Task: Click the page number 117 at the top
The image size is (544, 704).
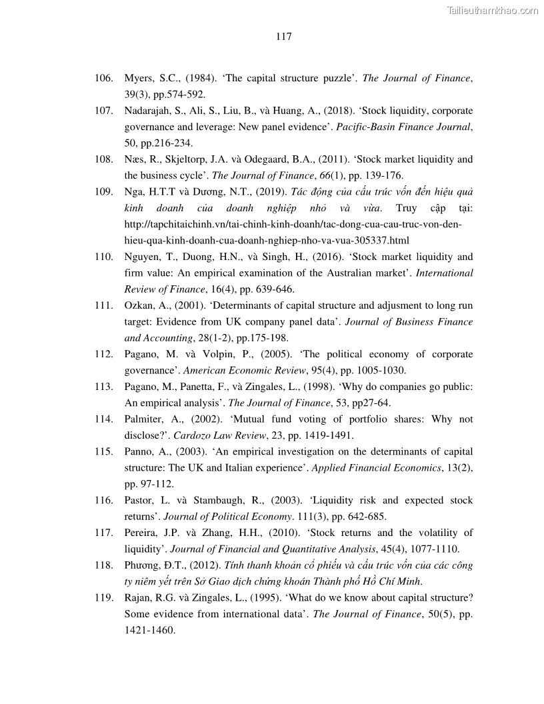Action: pyautogui.click(x=283, y=37)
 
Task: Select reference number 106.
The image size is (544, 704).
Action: pyautogui.click(x=103, y=78)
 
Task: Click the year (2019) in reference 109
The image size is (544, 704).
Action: pyautogui.click(x=268, y=192)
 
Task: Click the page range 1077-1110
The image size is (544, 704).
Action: pyautogui.click(x=434, y=549)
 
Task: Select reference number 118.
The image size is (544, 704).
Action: pyautogui.click(x=103, y=565)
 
